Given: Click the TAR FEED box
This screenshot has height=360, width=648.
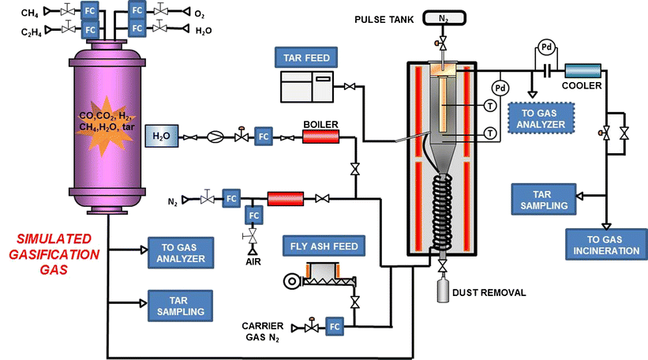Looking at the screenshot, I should pos(303,56).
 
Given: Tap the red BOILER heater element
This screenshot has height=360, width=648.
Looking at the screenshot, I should pos(320,137).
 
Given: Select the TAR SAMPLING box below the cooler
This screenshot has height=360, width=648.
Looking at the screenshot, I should pos(541,198).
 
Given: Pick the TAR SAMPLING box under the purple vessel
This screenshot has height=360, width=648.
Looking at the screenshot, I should pos(178,305).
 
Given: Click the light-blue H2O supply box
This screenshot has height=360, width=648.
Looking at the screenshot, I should pos(162,137).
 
